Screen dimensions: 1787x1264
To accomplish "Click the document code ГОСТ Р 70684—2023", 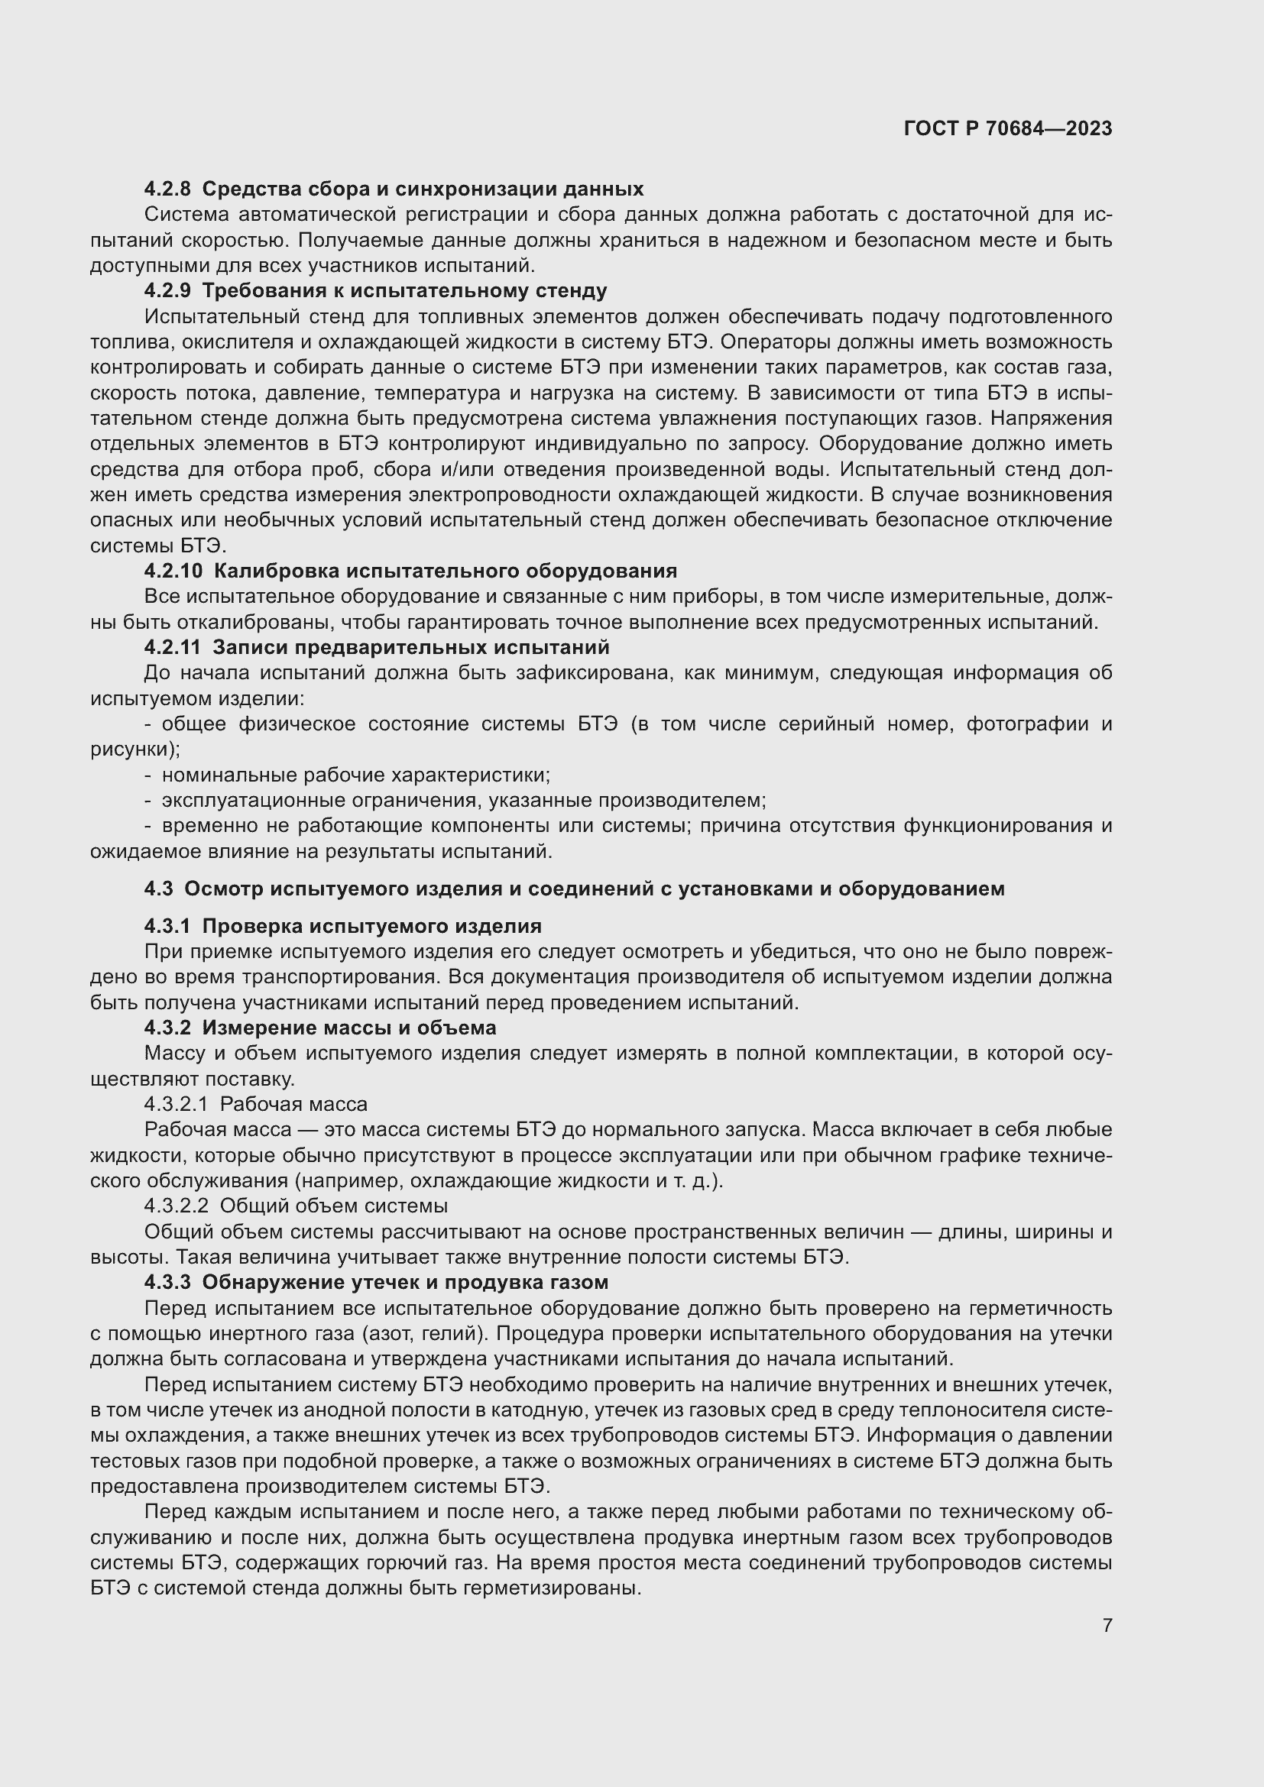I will (1008, 129).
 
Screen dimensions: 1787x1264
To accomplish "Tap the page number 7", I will (1107, 1625).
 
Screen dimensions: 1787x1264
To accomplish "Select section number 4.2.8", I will (167, 189).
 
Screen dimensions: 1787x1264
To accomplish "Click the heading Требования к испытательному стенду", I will (405, 291).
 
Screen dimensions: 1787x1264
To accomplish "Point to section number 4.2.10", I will (173, 571).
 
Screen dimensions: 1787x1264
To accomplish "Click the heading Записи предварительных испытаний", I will (411, 648).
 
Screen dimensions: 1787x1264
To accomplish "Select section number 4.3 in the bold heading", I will (158, 889).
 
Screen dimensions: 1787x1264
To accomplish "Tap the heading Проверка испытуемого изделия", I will (372, 926).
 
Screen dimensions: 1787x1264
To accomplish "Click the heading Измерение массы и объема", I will (349, 1028).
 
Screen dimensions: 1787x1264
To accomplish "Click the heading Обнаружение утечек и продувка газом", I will (406, 1283).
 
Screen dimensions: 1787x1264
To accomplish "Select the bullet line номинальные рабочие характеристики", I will (355, 775).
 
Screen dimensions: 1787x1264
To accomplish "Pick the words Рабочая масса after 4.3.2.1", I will (294, 1105).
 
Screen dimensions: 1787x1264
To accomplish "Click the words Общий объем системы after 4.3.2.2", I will (334, 1206).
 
